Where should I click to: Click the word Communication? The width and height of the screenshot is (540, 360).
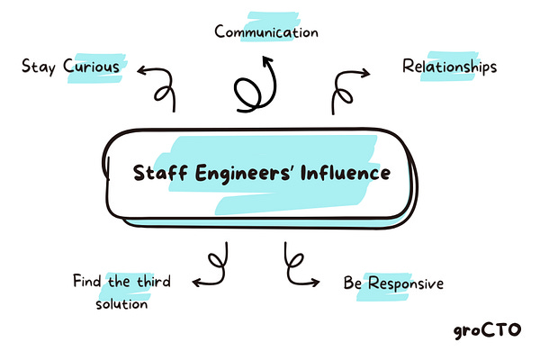pos(266,32)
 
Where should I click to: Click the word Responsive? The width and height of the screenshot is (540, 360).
pos(404,284)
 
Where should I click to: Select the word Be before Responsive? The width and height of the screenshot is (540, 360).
pos(352,284)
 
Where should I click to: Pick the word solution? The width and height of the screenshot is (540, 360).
pos(121,303)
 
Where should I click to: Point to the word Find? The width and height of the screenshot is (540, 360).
pos(87,281)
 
